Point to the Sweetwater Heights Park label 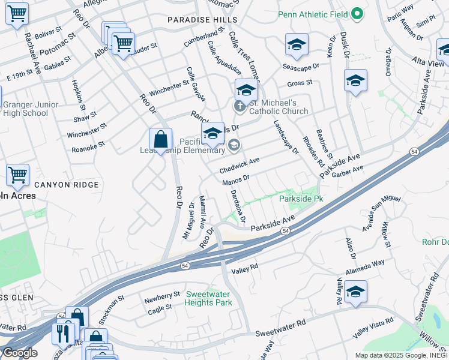click(x=208, y=298)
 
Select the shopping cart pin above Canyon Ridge click(x=18, y=175)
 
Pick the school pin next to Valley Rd click(x=355, y=292)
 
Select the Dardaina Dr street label click(x=238, y=206)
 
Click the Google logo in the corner click(x=19, y=353)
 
